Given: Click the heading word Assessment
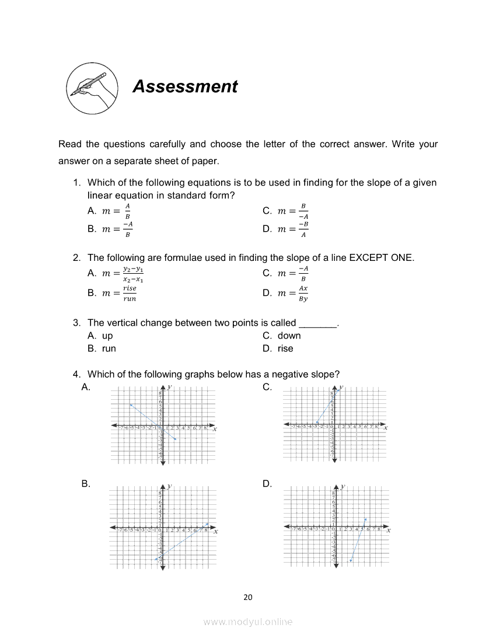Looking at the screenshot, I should [185, 86].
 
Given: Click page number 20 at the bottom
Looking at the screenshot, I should [248, 597].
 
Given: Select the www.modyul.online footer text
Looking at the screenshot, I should [248, 622].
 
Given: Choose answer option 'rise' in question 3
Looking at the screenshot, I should [285, 348].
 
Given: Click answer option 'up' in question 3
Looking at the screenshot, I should [107, 336].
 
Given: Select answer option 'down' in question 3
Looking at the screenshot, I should [289, 336].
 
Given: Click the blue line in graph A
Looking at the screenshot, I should [153, 421].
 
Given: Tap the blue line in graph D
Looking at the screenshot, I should [358, 540].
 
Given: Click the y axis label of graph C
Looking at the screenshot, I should [341, 387].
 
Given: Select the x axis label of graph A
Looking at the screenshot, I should [215, 430].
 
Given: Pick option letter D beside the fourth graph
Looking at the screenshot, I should [267, 484].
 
